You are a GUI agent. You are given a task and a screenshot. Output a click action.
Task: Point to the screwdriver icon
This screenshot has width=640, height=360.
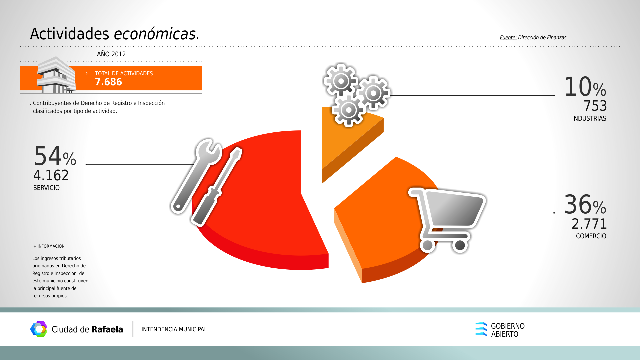tap(216, 187)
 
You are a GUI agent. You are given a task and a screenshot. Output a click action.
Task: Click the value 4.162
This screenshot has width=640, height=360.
tap(51, 175)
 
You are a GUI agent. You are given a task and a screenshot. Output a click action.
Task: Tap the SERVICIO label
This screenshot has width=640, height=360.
tap(46, 188)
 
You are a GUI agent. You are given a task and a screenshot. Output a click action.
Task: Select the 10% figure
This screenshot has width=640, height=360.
tap(585, 87)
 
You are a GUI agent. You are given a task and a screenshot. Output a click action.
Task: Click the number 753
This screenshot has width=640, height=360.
tap(595, 106)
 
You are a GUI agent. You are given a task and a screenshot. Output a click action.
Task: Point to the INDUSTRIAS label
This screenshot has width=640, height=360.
tap(589, 118)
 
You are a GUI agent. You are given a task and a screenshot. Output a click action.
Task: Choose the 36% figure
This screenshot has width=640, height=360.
tap(585, 205)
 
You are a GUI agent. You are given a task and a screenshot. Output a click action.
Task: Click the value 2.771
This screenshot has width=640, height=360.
tap(589, 224)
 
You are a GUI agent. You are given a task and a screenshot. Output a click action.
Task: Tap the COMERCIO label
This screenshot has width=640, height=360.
tap(591, 236)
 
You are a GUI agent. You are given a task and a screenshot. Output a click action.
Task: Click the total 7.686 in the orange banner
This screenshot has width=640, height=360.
tap(108, 82)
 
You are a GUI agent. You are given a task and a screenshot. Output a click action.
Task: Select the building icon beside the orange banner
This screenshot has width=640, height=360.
tap(56, 75)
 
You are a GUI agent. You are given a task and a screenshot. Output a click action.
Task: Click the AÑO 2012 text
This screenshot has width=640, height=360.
tap(111, 54)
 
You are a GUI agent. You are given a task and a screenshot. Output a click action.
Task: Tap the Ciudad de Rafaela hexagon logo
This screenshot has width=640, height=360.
tap(39, 329)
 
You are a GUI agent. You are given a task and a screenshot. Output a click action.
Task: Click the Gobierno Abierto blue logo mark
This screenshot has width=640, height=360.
tap(481, 329)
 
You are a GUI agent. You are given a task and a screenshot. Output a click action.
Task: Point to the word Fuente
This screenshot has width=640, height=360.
tap(508, 38)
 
